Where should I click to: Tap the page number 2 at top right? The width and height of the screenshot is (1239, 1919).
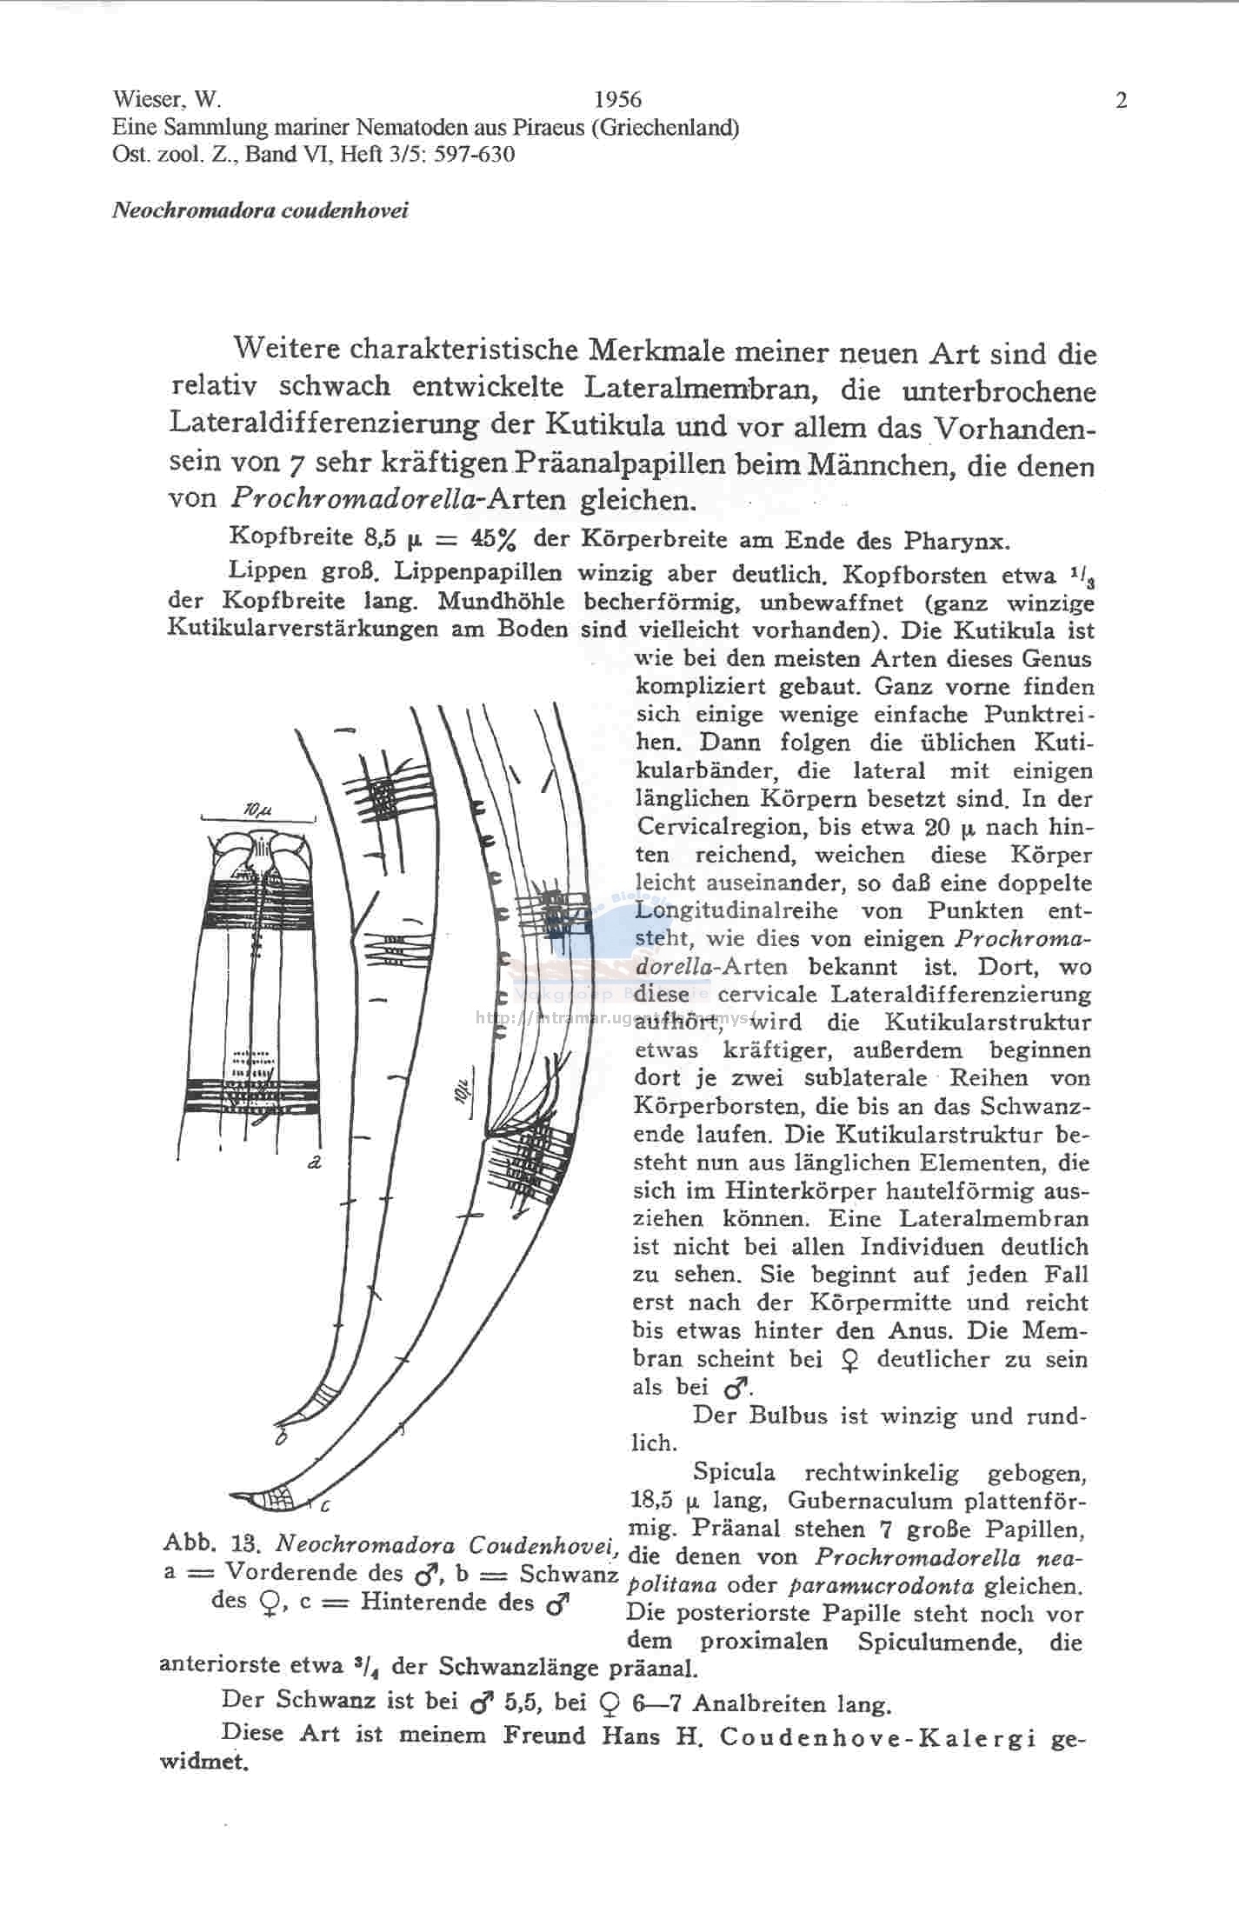coord(1121,101)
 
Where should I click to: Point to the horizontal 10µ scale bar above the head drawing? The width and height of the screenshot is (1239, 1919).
coord(258,816)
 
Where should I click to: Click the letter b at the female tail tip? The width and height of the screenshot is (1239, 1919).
coord(280,1440)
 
